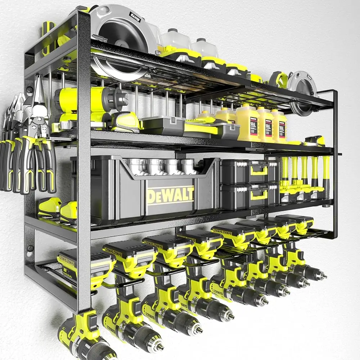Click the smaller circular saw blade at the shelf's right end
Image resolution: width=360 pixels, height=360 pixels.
(302, 86)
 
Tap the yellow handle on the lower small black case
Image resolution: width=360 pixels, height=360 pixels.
(259, 195)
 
